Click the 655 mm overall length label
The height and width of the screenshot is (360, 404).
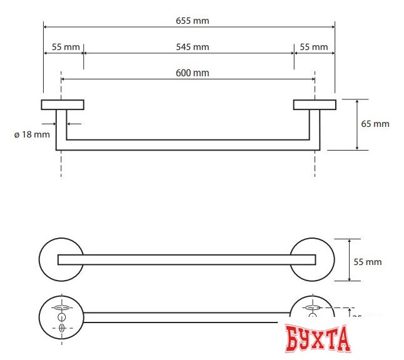[192, 21]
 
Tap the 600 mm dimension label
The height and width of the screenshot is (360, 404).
[192, 73]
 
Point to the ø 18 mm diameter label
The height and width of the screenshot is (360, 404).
[31, 134]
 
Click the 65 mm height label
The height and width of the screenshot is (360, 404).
[375, 124]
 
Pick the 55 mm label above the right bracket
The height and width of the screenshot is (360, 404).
[314, 47]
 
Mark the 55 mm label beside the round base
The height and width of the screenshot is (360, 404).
[368, 262]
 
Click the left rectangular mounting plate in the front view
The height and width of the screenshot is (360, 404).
[63, 104]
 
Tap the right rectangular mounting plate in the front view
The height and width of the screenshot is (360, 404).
[315, 104]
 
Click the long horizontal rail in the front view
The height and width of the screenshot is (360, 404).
[188, 145]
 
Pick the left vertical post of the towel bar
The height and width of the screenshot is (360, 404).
[61, 128]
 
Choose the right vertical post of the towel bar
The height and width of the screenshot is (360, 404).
[315, 128]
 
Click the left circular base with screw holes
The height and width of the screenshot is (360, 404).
[61, 318]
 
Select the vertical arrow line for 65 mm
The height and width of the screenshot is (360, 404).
[357, 124]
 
